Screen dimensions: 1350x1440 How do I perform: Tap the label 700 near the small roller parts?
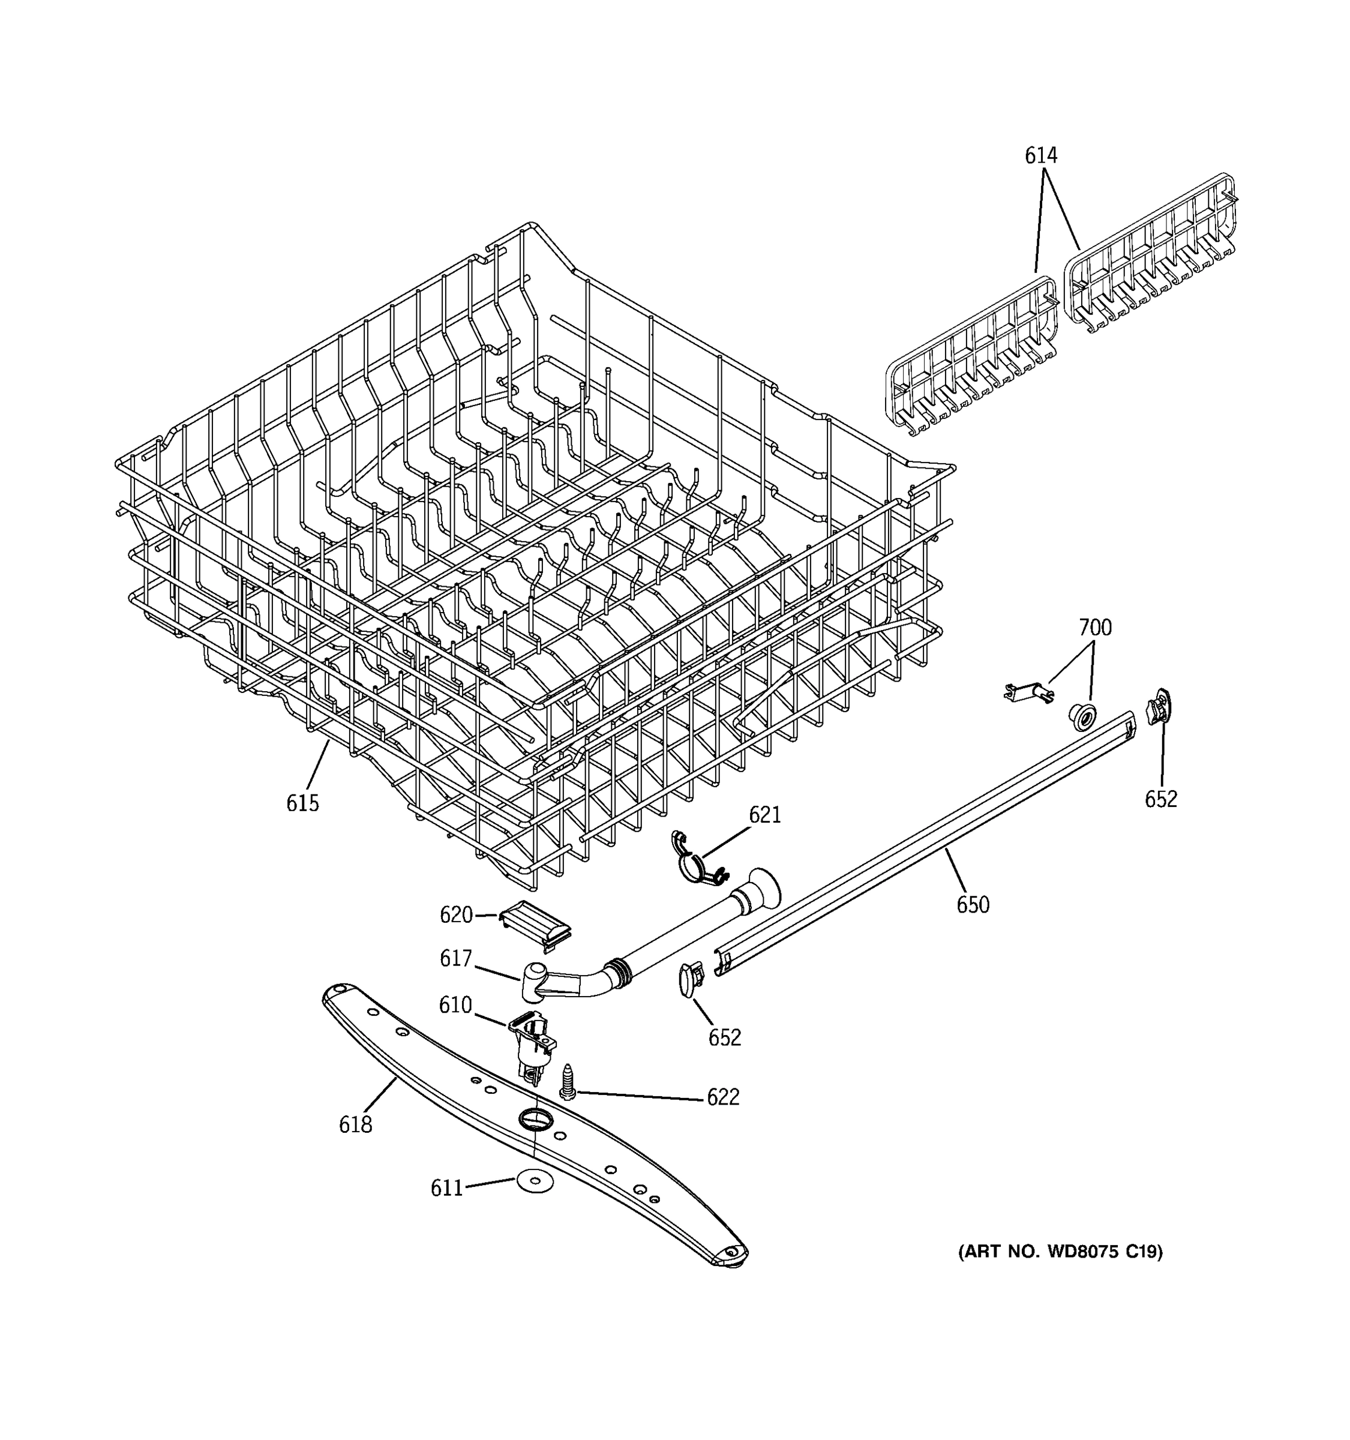1094,627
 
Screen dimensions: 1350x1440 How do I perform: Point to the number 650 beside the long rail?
972,905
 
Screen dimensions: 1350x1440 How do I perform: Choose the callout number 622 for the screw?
723,1097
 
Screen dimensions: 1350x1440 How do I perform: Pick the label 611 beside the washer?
446,1188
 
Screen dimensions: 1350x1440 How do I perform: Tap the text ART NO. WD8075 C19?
1060,1251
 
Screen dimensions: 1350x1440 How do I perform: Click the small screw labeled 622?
568,1082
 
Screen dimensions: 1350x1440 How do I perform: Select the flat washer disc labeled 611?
535,1181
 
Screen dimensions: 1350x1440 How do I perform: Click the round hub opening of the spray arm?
536,1119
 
